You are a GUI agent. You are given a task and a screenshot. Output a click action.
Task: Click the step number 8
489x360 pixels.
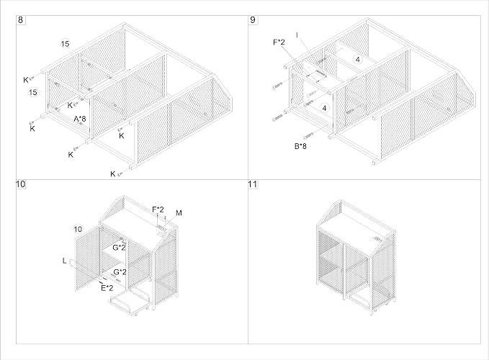[x=21, y=20]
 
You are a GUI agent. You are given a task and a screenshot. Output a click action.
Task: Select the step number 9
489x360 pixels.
[x=253, y=20]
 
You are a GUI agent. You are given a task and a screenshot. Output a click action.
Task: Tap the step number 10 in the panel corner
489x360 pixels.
[x=21, y=184]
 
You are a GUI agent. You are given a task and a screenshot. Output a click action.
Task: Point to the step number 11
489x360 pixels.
[x=253, y=184]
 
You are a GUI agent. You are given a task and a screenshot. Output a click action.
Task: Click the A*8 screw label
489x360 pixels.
[x=79, y=119]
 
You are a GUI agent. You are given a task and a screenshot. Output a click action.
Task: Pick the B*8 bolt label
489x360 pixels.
[x=300, y=146]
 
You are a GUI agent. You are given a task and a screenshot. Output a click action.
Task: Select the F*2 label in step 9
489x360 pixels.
[x=279, y=42]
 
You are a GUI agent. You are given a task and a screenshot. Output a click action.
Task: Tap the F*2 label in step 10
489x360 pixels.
[x=158, y=210]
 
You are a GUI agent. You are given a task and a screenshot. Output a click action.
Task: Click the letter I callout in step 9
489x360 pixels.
[x=297, y=35]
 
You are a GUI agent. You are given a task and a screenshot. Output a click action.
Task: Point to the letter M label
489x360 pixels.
[x=179, y=213]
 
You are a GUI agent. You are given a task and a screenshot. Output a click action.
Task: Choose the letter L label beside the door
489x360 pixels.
[x=65, y=261]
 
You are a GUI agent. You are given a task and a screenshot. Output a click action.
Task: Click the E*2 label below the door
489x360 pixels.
[x=107, y=288]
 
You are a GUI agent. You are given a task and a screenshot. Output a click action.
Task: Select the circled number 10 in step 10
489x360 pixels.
[x=78, y=229]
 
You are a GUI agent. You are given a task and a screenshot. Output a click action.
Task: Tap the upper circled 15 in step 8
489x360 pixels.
[x=65, y=44]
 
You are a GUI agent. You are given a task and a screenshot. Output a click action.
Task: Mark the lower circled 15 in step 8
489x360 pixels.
[x=32, y=92]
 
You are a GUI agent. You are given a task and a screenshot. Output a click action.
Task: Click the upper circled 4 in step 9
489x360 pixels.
[x=358, y=59]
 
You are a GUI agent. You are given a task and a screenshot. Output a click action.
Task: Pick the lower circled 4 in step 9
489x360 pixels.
[x=324, y=108]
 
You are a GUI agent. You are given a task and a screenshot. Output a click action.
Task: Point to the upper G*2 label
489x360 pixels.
[x=119, y=248]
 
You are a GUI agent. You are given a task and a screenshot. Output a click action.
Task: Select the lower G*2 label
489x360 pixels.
[x=120, y=272]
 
